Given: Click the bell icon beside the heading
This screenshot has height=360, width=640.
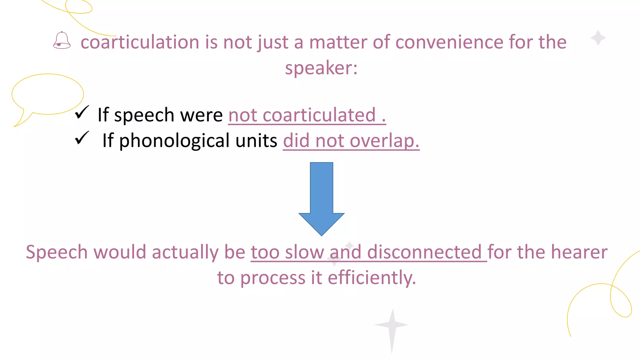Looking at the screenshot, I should [62, 41].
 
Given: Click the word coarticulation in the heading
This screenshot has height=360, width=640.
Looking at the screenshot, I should [140, 42].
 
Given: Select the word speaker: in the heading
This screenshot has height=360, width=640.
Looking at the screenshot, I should [321, 68].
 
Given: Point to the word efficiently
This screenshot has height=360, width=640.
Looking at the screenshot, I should [372, 278].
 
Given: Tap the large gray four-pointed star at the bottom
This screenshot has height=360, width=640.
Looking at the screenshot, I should [392, 326].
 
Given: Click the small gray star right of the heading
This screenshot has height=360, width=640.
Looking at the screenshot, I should [598, 38].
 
